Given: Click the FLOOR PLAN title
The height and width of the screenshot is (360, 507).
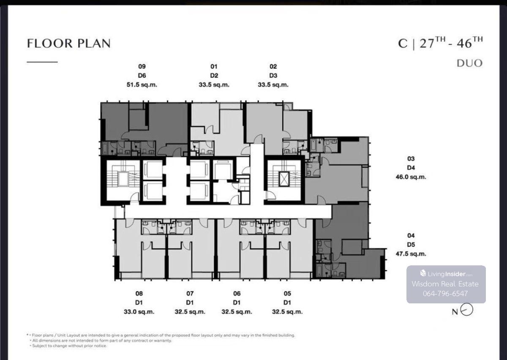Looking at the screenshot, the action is point(69,43).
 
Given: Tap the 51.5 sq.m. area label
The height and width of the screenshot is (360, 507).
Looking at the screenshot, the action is point(142,85).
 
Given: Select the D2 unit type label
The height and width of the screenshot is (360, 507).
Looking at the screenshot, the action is point(214,76).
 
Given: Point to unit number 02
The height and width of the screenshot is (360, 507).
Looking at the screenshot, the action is point(273,67).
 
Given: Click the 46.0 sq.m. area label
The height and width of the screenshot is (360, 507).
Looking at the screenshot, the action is point(411,177).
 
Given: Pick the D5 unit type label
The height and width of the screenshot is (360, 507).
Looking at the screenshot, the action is point(411,245).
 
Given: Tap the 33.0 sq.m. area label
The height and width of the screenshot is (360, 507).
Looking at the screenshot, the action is point(139,312).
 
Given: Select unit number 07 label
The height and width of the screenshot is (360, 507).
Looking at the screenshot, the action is point(190,293).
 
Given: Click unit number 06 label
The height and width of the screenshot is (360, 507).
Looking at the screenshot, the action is point(237,293).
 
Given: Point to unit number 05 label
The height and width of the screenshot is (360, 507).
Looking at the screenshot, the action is point(287,293).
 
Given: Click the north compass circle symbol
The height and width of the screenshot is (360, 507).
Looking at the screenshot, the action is point(467,310).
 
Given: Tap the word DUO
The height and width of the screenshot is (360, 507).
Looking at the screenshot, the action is point(469,63).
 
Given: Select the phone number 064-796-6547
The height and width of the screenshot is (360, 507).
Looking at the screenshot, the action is point(445,294).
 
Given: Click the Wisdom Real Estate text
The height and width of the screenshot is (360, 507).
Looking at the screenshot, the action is point(445,284).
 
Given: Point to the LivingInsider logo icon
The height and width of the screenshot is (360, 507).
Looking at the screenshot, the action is point(423,273).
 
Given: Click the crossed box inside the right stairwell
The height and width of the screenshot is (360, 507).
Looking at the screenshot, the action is point(284,179).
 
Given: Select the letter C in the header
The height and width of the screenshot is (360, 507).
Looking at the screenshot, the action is point(403,44).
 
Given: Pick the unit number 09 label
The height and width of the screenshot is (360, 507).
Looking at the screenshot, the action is point(142,67).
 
